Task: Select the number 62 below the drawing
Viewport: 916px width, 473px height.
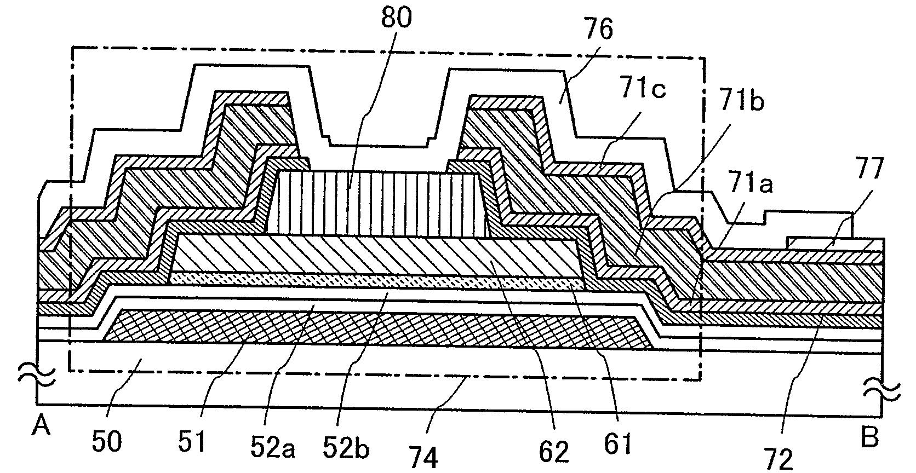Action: (554, 450)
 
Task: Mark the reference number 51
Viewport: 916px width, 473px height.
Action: (193, 441)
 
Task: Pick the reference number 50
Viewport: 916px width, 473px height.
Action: (106, 441)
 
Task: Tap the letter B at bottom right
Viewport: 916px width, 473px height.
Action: (870, 438)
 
